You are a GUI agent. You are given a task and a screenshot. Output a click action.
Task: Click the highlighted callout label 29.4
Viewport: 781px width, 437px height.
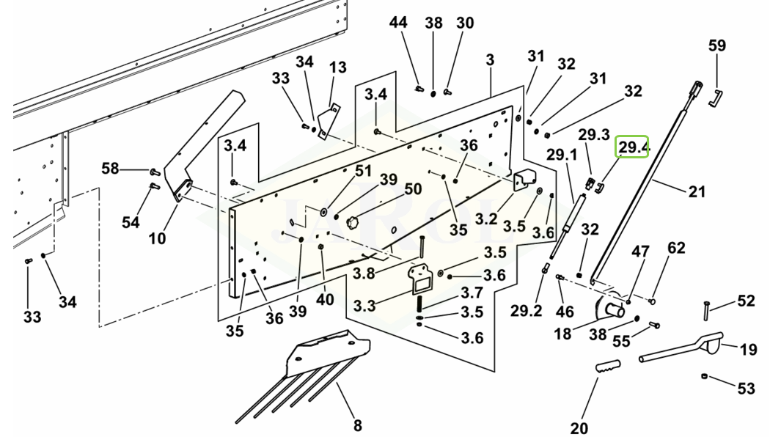click(x=632, y=147)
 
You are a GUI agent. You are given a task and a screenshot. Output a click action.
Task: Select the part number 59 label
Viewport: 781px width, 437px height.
click(x=717, y=45)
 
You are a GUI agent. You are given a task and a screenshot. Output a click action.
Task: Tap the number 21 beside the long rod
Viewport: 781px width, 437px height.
click(x=697, y=191)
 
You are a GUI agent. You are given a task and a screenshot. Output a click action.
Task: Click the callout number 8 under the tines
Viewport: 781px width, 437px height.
click(x=357, y=425)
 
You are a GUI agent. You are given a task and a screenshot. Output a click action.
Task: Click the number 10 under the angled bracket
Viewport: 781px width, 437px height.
click(x=157, y=238)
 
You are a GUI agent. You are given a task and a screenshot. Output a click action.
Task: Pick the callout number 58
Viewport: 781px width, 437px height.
click(x=110, y=169)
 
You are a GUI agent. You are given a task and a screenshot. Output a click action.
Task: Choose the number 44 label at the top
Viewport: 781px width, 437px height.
click(x=398, y=23)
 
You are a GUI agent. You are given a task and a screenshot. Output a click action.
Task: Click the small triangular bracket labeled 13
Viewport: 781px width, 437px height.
click(x=329, y=121)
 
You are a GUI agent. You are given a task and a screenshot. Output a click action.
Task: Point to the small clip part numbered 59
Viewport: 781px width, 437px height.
click(x=715, y=98)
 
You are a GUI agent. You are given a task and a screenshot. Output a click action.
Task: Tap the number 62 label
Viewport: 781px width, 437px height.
click(x=676, y=248)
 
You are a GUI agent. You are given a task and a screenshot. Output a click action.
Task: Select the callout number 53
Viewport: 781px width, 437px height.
click(x=746, y=388)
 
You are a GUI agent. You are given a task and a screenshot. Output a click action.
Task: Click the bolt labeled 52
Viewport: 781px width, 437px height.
click(x=707, y=312)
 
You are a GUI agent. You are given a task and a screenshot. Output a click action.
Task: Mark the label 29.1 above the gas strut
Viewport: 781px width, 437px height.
click(x=562, y=155)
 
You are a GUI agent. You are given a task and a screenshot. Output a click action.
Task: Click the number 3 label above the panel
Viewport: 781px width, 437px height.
click(x=490, y=60)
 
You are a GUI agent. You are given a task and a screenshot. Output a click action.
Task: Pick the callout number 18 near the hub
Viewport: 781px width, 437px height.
click(x=563, y=334)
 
